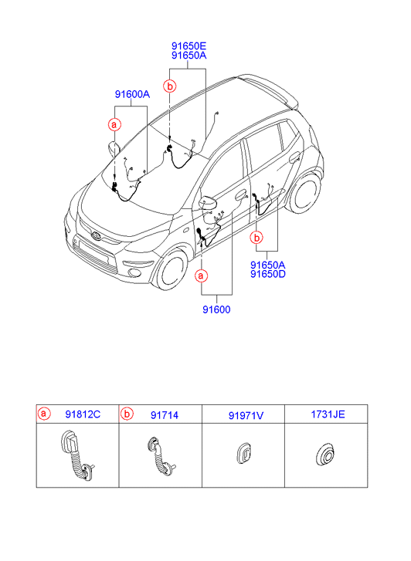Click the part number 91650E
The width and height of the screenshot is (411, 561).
click(189, 46)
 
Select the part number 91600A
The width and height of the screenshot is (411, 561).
click(132, 94)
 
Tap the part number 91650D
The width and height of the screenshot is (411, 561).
click(267, 275)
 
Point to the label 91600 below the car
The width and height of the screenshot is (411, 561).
click(216, 309)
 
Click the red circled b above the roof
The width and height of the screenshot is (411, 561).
click(170, 86)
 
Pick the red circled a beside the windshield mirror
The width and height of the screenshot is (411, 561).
click(114, 125)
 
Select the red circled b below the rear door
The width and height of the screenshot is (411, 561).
click(256, 237)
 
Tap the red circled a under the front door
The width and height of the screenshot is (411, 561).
click(201, 275)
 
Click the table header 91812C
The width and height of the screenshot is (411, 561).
click(83, 414)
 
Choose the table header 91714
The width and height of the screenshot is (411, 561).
click(165, 415)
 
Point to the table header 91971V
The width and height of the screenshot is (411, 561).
click(246, 415)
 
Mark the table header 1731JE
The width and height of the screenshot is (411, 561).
click(328, 414)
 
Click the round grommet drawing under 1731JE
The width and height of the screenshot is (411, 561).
click(326, 456)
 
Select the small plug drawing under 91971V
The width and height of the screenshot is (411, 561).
click(244, 454)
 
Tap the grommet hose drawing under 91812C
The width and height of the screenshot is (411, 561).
click(76, 455)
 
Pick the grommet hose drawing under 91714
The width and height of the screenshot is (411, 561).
click(161, 457)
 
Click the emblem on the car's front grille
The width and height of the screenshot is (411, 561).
click(97, 235)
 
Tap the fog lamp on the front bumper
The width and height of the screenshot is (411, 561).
click(134, 273)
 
